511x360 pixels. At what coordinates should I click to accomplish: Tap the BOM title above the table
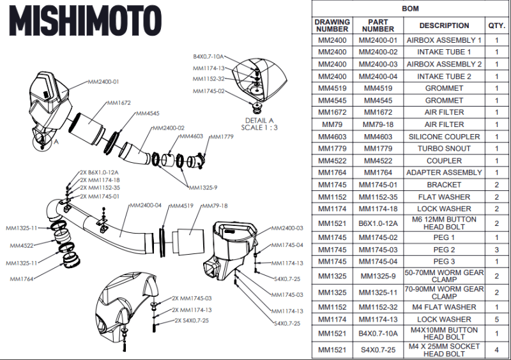pos(410,10)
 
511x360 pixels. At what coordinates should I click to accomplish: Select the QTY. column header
pos(496,26)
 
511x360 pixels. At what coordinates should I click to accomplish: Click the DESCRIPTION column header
pos(444,26)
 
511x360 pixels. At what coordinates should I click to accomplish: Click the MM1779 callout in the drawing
pos(222,137)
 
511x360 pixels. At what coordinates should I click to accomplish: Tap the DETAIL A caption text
pos(259,119)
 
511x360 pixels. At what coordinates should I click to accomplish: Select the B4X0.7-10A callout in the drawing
pos(208,57)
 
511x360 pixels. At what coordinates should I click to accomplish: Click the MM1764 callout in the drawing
pos(23,278)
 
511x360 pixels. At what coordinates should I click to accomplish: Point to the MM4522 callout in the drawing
pos(22,245)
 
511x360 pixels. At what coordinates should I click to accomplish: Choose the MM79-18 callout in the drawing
pos(215,206)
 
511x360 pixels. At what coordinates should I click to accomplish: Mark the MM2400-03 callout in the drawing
pos(287,228)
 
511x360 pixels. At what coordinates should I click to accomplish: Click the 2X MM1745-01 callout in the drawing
pos(100,196)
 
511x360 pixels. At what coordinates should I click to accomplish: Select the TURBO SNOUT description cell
pos(444,149)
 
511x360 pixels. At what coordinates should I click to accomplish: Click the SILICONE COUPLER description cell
pos(444,137)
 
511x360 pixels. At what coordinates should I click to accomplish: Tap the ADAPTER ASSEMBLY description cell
pos(444,172)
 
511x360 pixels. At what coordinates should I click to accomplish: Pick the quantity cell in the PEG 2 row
pos(496,250)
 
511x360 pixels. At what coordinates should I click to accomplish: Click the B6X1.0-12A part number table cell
pos(378,223)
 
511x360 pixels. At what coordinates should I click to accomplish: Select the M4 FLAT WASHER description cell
pos(444,307)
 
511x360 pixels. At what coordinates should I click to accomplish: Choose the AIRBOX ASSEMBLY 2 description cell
pos(444,64)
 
